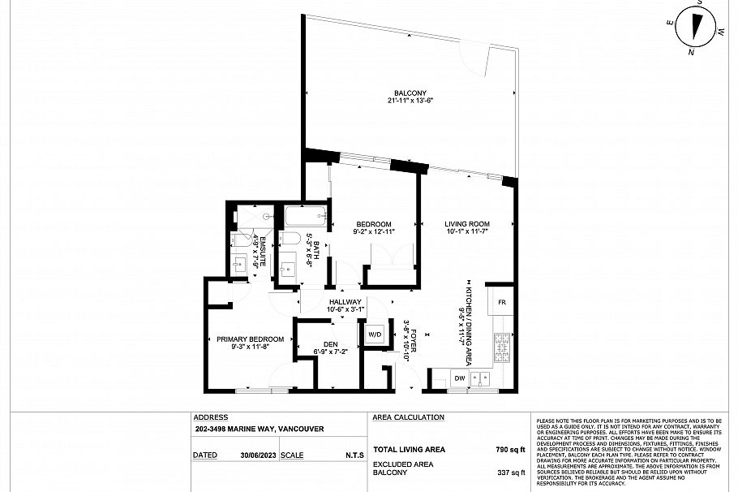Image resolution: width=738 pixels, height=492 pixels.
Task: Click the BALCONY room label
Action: point(410,93)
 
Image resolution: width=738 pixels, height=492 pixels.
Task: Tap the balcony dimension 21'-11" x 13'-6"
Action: point(410,101)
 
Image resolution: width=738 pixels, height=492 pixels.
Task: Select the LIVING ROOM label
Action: point(467,224)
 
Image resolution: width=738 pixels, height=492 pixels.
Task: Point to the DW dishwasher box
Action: point(459,378)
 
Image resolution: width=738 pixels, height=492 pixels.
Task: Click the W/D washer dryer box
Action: point(375,334)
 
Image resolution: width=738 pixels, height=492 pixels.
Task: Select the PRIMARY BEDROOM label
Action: point(250,339)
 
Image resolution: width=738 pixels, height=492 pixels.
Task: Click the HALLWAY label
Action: point(345,302)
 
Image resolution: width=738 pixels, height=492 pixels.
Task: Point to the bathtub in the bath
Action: point(305,217)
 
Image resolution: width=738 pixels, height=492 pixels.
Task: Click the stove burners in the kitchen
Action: point(502,347)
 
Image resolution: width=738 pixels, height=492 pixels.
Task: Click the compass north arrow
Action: point(696,26)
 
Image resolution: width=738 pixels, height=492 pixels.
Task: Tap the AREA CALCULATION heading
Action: point(408,417)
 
